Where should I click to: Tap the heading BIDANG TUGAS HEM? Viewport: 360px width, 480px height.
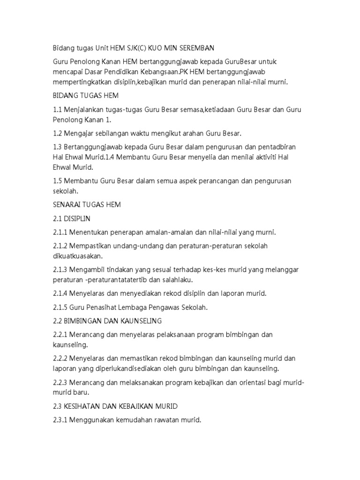click(x=86, y=96)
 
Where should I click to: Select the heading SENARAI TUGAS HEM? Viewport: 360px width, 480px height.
click(x=87, y=204)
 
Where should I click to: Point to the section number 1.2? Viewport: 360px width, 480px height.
click(x=59, y=133)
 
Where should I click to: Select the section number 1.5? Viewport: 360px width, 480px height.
click(x=59, y=180)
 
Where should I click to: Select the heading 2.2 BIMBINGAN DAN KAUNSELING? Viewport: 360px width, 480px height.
click(x=107, y=321)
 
